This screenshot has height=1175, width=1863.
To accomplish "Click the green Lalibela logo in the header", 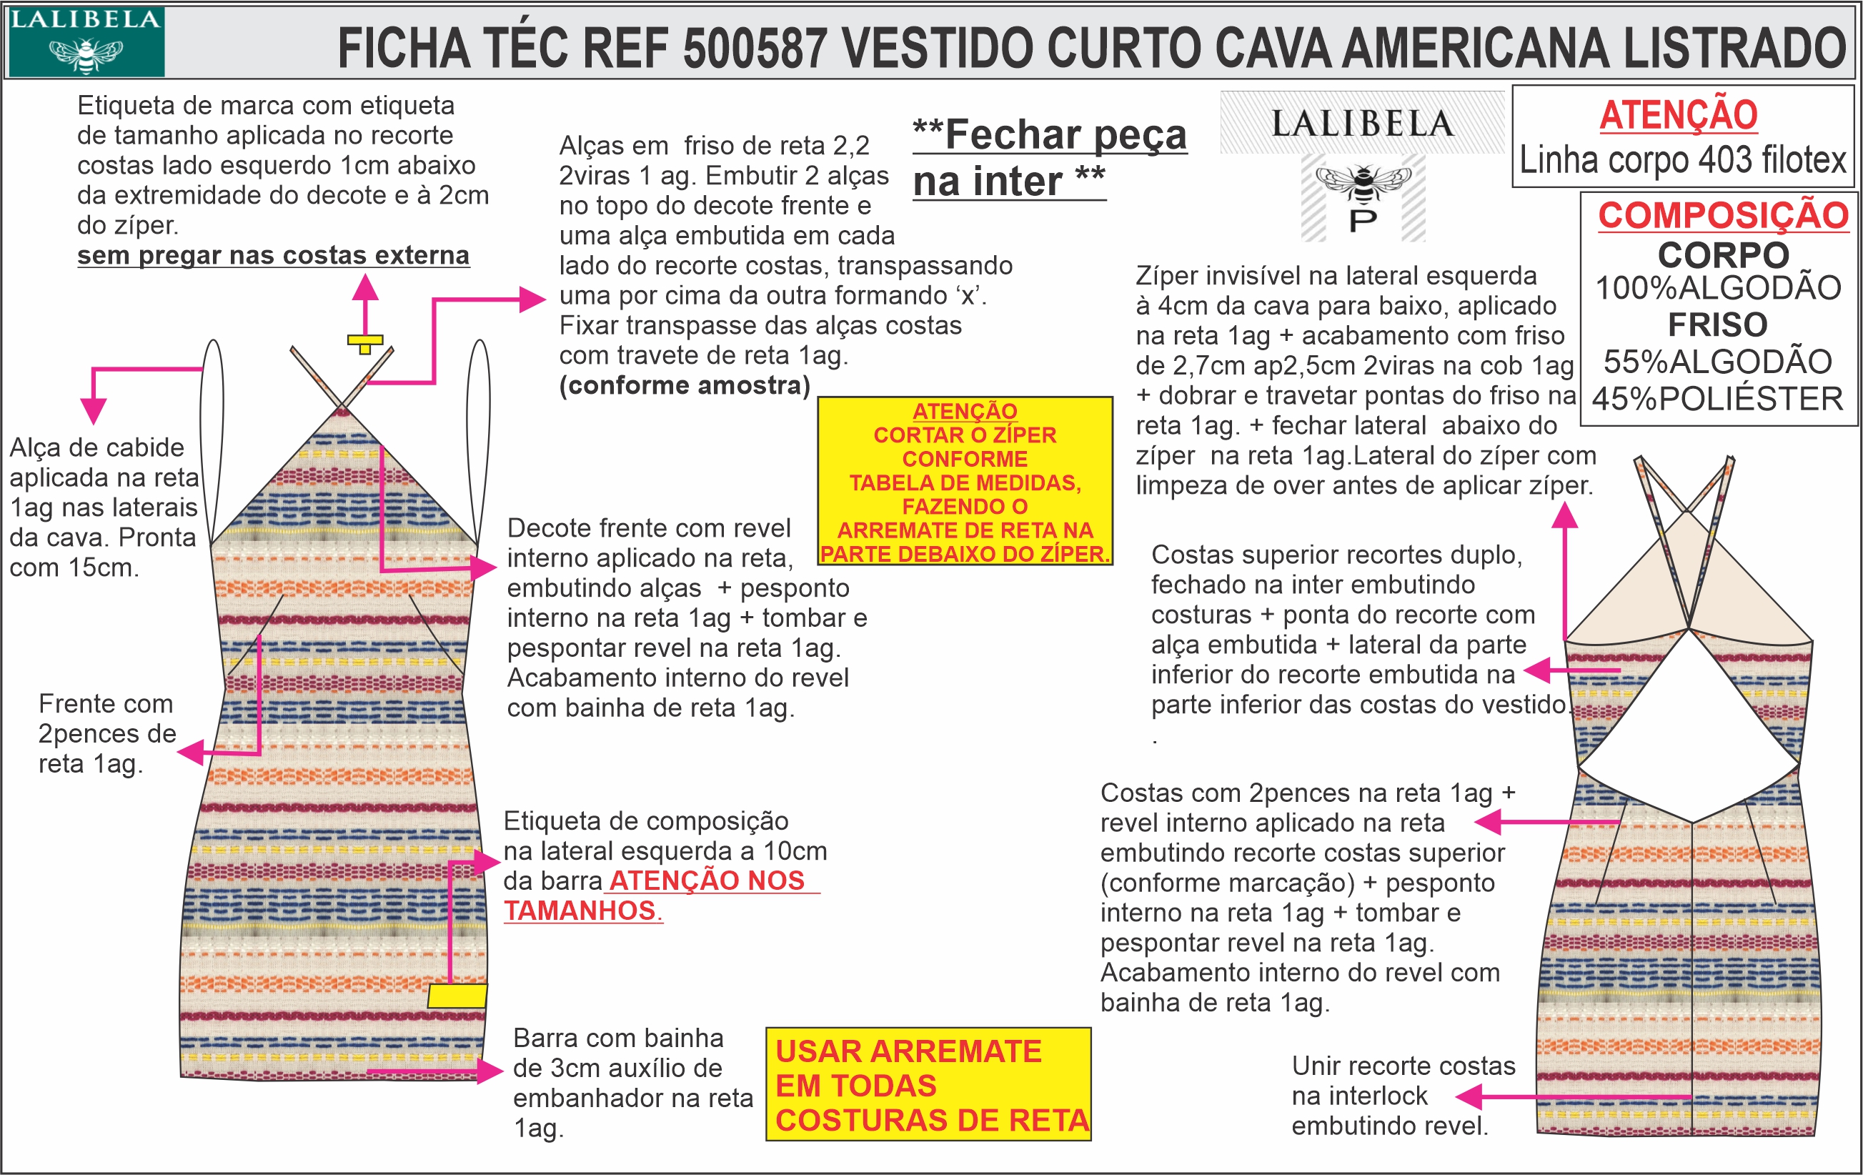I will point(86,41).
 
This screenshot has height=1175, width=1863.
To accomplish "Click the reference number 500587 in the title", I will point(755,48).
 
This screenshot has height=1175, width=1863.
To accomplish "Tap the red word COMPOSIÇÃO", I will point(1723,215).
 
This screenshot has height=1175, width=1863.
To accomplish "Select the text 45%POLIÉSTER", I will point(1717,399).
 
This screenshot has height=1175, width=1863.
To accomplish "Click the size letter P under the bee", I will point(1363,220).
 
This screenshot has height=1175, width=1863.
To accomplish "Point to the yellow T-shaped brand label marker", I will point(365,342).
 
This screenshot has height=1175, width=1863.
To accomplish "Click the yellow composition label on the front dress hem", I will point(457,995).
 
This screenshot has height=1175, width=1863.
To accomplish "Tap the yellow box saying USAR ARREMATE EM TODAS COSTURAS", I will point(928,1084).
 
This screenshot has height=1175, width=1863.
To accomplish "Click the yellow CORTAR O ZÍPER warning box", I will point(965,481).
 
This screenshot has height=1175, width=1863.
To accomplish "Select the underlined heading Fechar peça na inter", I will point(1048,158).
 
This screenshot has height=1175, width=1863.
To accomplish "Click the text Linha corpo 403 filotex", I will point(1683,160).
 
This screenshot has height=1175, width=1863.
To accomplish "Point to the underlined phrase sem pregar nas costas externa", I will point(273,254).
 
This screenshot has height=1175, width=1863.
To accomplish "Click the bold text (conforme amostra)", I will point(685,385).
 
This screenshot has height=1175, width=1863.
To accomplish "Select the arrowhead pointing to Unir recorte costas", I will point(1468,1097).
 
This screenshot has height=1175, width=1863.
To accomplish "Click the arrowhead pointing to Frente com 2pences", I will point(189,752).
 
